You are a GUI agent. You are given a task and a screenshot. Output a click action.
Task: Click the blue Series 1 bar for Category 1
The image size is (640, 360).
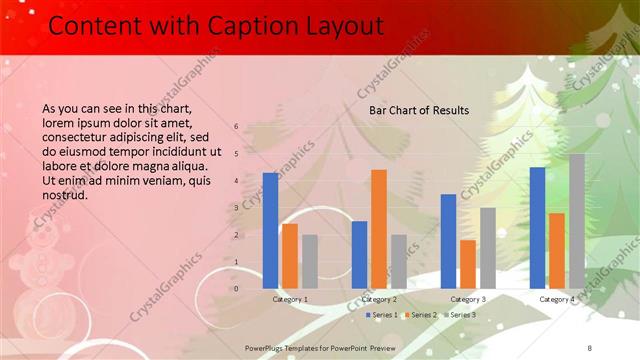click(x=270, y=231)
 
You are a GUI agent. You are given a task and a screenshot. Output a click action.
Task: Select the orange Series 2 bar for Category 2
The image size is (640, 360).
click(x=379, y=229)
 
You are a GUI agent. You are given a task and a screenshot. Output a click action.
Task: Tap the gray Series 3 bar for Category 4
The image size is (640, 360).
click(x=577, y=221)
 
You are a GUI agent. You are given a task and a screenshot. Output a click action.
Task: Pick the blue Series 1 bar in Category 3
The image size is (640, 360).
click(x=448, y=241)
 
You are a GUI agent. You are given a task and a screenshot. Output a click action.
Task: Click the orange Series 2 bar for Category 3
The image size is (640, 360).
click(x=468, y=264)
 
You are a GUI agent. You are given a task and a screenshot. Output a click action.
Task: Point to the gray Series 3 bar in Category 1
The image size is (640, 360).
click(x=310, y=262)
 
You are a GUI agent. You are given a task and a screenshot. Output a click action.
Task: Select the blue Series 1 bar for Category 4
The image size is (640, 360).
click(x=537, y=228)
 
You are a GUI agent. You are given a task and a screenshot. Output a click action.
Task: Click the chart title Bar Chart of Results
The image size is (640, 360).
click(x=419, y=109)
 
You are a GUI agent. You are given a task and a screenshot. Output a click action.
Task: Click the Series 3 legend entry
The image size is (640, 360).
click(x=459, y=315)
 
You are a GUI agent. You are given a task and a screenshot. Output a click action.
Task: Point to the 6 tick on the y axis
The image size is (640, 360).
click(x=236, y=127)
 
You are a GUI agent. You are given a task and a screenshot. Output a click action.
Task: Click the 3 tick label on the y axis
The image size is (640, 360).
click(x=236, y=208)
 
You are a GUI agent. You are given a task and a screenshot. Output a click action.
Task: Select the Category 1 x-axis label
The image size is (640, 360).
click(x=290, y=299)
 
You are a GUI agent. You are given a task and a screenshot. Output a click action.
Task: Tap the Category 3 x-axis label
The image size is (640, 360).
click(x=468, y=299)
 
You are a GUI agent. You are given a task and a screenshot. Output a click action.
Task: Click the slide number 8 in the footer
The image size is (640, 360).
click(x=590, y=345)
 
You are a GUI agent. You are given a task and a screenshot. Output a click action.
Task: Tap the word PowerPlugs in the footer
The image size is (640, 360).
click(x=267, y=345)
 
